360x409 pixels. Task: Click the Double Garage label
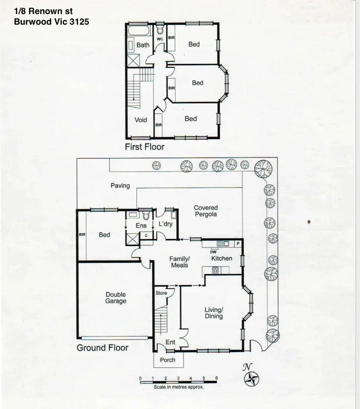click(x=116, y=298)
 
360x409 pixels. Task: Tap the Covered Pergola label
click(x=206, y=211)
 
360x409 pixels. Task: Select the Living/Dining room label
click(x=214, y=312)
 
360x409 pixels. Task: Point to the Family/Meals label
click(x=179, y=262)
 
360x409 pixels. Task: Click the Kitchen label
click(x=221, y=258)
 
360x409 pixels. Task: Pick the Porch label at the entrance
click(x=167, y=360)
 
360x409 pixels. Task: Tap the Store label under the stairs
click(x=161, y=293)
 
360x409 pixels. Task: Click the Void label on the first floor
click(x=141, y=120)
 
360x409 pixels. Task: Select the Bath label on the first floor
click(x=143, y=45)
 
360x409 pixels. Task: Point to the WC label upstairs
click(x=160, y=39)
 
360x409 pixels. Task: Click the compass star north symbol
click(x=251, y=379)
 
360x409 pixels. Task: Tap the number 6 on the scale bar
click(x=216, y=378)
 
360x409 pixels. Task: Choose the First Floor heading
click(x=145, y=147)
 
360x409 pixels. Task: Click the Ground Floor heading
click(x=103, y=348)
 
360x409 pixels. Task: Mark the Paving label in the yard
click(x=120, y=186)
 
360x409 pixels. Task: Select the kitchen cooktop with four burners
click(x=215, y=270)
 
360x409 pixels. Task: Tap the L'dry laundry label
click(x=165, y=224)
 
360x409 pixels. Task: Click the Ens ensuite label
click(x=141, y=226)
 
